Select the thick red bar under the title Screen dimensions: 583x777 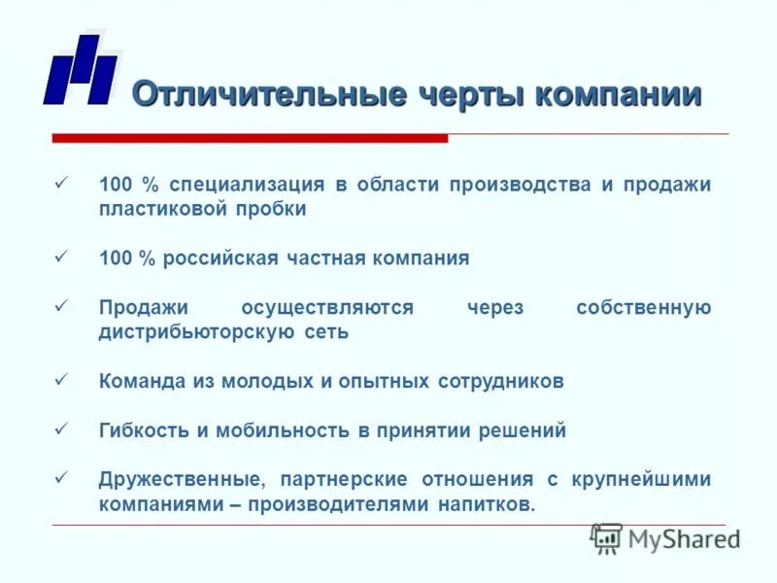coord(250,138)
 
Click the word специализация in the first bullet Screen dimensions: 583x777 coord(252,185)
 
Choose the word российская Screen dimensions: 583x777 coord(220,258)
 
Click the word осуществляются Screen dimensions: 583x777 coord(326,308)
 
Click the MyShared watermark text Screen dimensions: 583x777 coord(684,538)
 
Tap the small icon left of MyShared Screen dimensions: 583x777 coord(606,538)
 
